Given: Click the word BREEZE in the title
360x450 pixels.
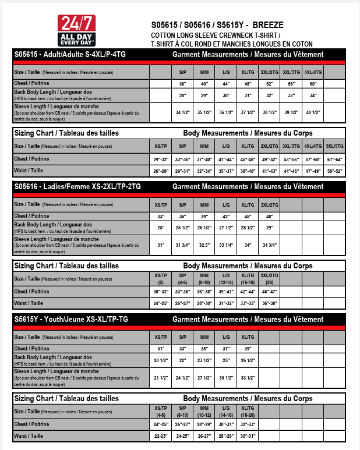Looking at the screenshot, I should click(269, 25).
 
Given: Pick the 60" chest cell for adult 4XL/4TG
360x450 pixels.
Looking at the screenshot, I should click(313, 84).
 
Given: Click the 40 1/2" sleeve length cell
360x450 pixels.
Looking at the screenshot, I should click(313, 112).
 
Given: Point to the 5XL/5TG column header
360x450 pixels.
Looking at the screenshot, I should click(336, 146).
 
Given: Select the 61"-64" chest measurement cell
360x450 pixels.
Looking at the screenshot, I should click(336, 159).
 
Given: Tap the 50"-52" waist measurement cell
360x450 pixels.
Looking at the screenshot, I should click(336, 171).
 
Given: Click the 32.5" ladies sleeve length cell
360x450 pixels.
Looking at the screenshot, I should click(204, 245).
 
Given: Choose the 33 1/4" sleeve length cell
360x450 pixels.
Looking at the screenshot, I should click(226, 245).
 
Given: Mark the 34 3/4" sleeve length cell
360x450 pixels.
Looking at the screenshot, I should click(270, 245).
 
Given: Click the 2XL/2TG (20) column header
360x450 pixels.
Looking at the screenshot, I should click(270, 278).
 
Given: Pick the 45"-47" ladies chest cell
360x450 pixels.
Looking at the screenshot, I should click(270, 292).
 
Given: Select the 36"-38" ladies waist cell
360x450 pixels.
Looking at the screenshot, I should click(270, 303).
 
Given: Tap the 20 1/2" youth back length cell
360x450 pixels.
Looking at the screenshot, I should click(160, 360).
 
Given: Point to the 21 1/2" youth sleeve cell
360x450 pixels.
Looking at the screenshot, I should click(160, 377).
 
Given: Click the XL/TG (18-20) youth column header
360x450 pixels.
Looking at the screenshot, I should click(248, 411).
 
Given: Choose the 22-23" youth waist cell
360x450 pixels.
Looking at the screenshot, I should click(160, 435).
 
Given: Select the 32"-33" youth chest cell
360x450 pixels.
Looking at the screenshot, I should click(248, 424).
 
